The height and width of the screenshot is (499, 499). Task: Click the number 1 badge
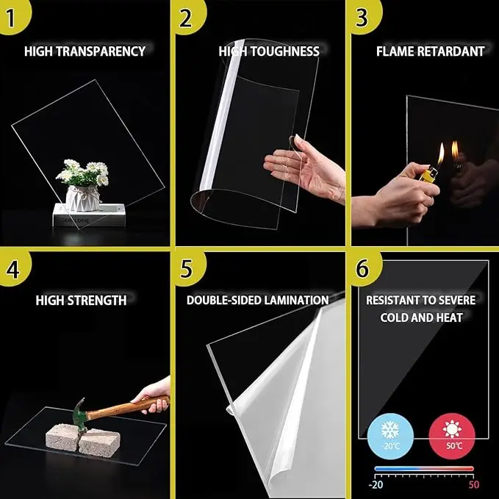click(x=12, y=15)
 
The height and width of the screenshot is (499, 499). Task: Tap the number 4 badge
click(x=12, y=268)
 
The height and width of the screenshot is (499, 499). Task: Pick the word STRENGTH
click(x=97, y=300)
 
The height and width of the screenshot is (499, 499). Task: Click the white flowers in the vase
click(x=83, y=173)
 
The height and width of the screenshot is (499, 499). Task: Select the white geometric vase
click(x=82, y=198)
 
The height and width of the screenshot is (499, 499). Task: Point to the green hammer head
click(x=79, y=414)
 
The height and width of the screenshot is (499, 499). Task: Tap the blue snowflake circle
click(x=390, y=437)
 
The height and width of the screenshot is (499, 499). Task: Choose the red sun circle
click(x=452, y=437)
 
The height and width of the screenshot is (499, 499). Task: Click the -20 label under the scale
click(x=376, y=485)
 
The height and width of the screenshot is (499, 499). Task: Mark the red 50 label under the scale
click(x=473, y=485)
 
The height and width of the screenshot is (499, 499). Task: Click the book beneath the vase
click(x=89, y=215)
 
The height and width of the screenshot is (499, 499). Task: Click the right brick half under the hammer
click(x=99, y=442)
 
